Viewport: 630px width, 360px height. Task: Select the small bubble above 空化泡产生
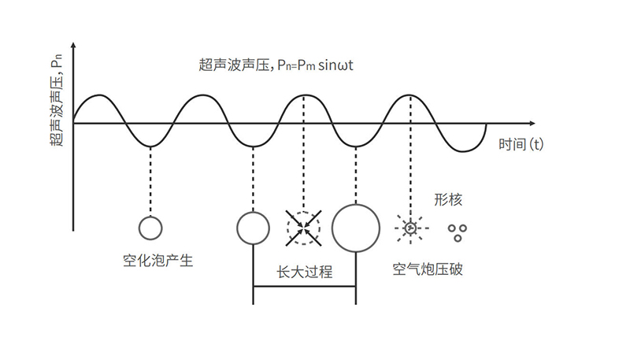(150, 228)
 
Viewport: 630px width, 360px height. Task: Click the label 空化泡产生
(157, 261)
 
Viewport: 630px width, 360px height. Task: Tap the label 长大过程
(305, 273)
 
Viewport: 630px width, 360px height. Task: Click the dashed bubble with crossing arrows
(303, 227)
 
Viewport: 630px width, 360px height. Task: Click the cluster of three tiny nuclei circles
(456, 231)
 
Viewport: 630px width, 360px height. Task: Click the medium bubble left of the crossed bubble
(253, 227)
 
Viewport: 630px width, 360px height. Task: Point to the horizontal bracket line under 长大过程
(305, 286)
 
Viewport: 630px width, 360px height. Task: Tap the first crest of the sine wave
(98, 96)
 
